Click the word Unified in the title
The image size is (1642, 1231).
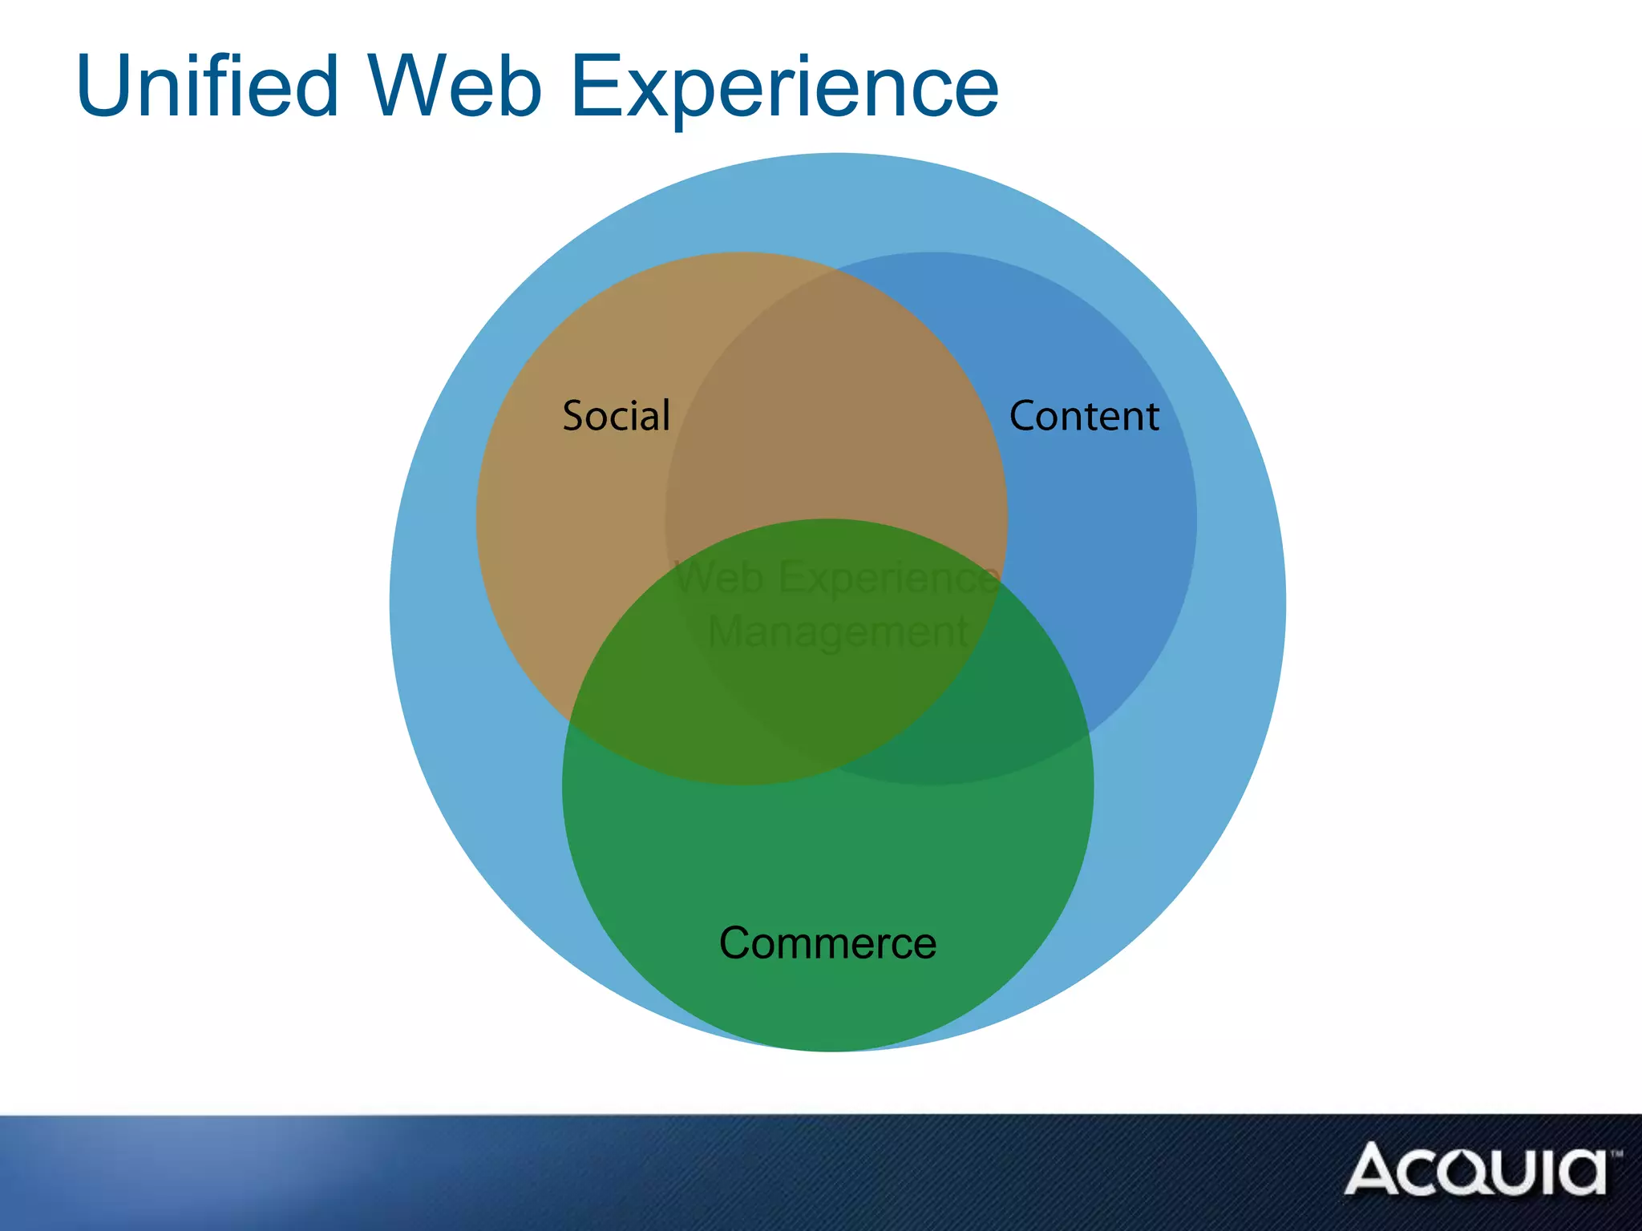[x=207, y=87]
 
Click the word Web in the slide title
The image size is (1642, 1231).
[x=455, y=87]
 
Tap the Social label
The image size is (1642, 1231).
[x=616, y=416]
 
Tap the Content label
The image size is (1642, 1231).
[x=1084, y=416]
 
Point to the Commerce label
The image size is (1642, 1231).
[x=827, y=943]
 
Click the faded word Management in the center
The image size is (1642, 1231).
[x=838, y=632]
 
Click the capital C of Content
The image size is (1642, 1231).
[x=1024, y=416]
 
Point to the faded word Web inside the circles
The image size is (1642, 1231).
[x=719, y=577]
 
